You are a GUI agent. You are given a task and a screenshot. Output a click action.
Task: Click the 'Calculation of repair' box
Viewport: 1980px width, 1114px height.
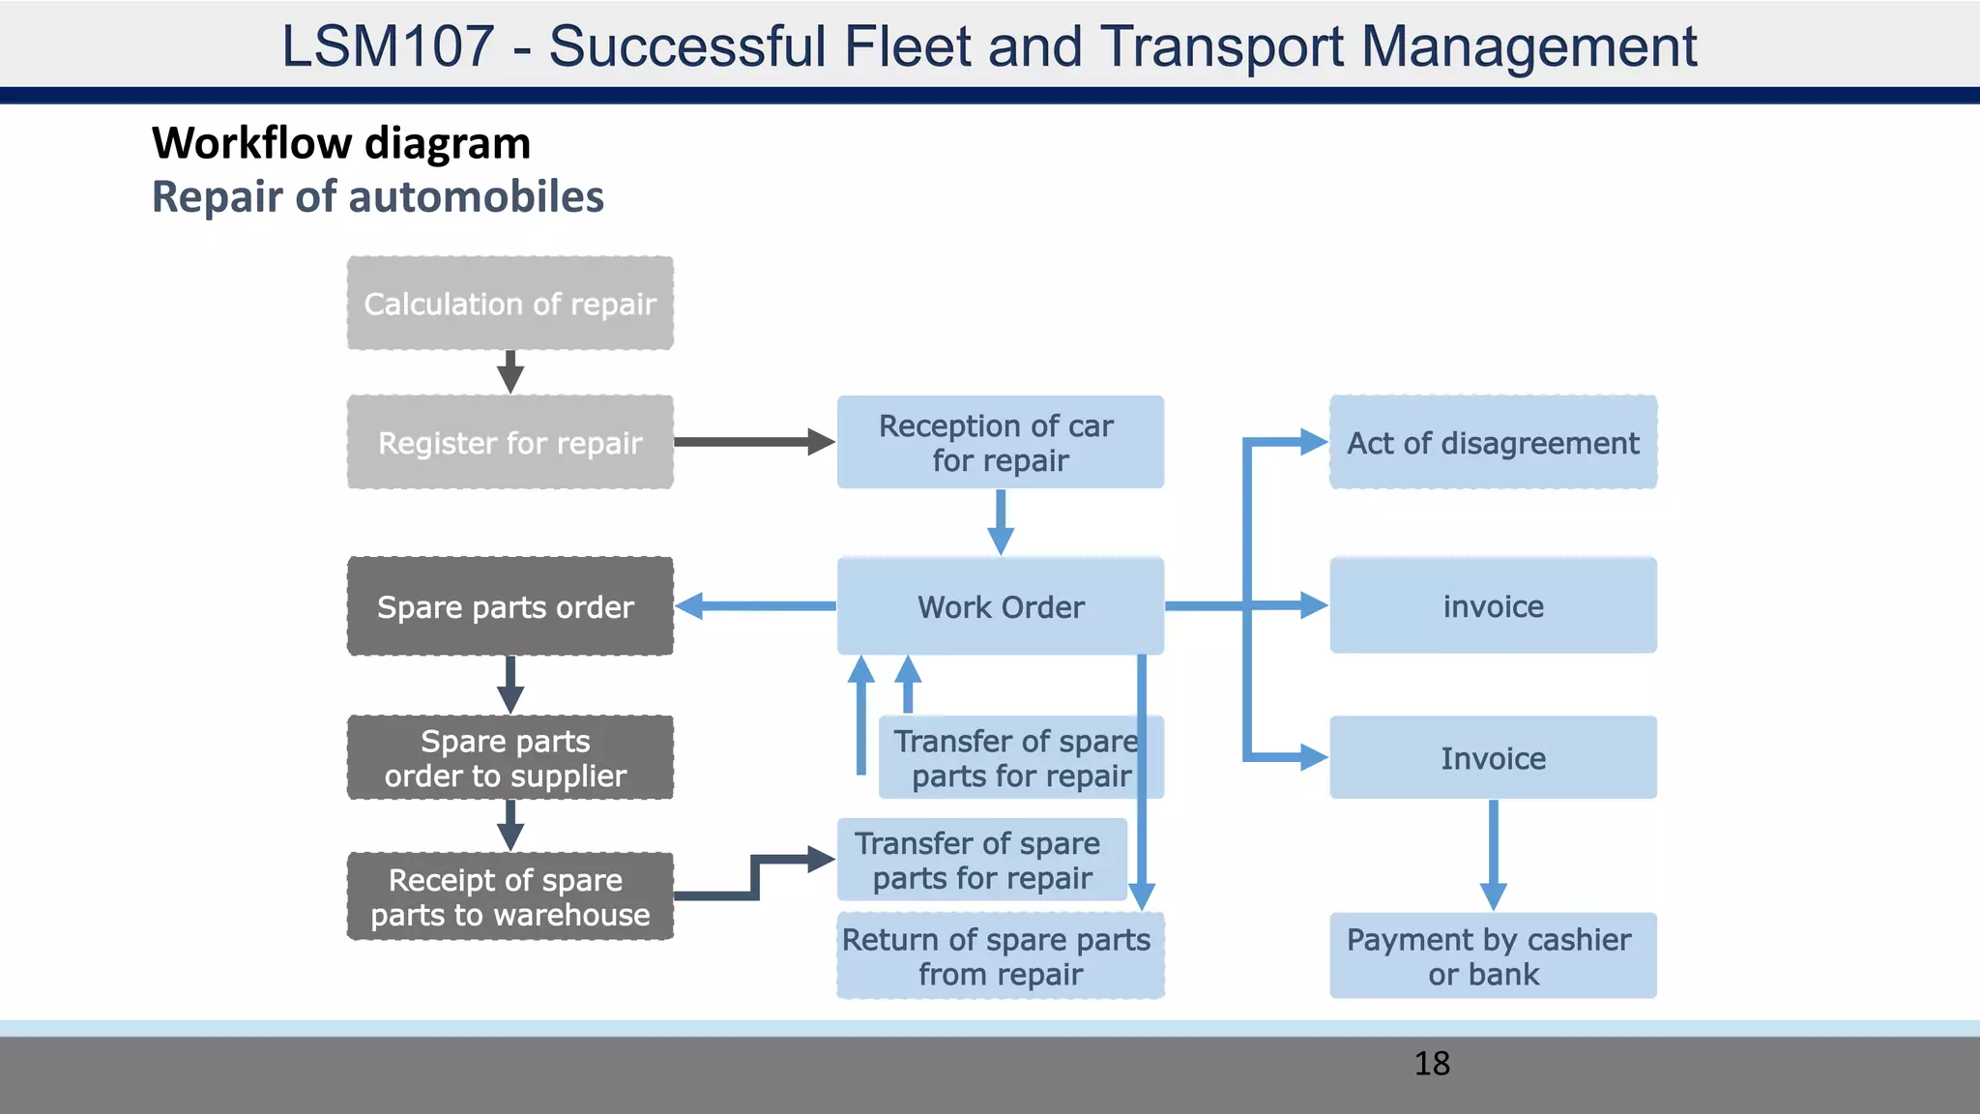point(510,304)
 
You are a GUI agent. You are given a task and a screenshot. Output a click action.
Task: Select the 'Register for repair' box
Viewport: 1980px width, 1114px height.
point(510,443)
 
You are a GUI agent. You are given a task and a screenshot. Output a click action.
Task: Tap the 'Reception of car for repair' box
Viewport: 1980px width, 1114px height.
point(1000,443)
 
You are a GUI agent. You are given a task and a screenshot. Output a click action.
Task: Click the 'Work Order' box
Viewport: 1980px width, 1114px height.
point(1000,606)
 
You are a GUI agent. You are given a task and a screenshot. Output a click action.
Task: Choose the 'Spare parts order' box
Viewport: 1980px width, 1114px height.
point(510,606)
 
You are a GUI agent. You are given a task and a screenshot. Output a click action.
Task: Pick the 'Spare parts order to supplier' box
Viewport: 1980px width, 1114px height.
point(510,758)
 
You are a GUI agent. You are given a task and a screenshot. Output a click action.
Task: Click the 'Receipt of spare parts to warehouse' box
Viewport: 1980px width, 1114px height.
point(510,896)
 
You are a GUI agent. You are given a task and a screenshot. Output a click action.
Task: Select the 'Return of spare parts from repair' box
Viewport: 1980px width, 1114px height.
point(1000,956)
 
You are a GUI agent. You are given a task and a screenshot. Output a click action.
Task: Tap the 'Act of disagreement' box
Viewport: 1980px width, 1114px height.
point(1493,443)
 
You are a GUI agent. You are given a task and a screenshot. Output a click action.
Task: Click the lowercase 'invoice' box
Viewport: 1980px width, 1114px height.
point(1493,606)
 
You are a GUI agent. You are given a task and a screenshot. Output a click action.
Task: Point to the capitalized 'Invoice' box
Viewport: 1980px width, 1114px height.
point(1493,758)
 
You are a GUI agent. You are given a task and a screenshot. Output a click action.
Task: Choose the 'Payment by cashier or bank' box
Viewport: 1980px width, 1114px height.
point(1493,956)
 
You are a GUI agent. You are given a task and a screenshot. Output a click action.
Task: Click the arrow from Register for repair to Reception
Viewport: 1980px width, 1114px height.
point(754,442)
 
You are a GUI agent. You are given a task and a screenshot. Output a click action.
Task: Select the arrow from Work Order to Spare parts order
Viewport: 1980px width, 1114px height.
point(754,606)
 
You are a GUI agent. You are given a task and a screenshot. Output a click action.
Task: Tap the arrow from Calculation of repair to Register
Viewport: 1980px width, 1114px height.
point(510,371)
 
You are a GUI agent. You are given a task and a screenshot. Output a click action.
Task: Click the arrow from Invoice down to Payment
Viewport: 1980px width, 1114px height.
point(1493,855)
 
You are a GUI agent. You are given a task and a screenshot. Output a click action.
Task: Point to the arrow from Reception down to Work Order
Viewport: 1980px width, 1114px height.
point(1001,521)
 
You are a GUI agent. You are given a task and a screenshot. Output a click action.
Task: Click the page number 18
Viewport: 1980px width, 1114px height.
point(1432,1064)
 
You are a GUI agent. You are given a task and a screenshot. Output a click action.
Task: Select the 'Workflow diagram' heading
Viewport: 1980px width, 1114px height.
point(341,143)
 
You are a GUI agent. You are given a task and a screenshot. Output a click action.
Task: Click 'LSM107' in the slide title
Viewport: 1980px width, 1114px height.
point(387,45)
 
